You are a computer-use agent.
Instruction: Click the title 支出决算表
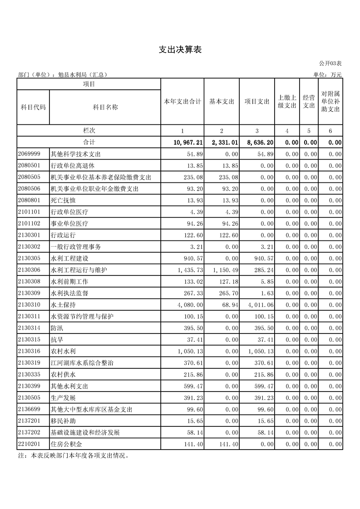coord(180,50)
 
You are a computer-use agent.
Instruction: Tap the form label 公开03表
coord(330,64)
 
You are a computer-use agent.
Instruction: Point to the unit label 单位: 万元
coord(327,75)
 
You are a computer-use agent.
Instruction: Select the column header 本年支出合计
coord(182,102)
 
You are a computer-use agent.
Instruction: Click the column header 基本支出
coord(222,102)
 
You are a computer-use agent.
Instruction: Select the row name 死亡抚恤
coord(62,201)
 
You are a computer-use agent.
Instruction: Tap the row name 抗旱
coord(56,340)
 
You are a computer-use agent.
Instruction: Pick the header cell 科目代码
coord(33,107)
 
